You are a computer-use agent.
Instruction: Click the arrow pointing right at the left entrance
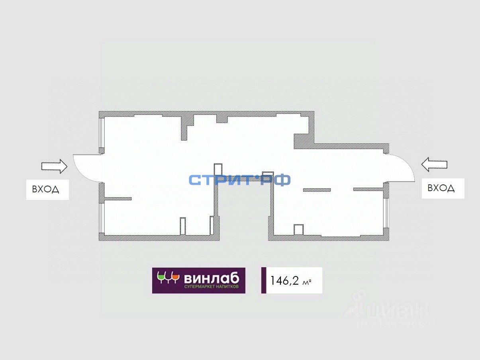(54, 166)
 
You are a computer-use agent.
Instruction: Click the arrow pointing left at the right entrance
(434, 164)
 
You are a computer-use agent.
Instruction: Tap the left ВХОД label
(46, 189)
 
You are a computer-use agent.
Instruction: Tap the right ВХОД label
(441, 188)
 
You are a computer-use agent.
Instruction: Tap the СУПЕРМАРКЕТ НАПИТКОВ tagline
(211, 287)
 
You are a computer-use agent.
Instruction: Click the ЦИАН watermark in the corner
(386, 311)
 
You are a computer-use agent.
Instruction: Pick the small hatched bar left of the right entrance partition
(317, 190)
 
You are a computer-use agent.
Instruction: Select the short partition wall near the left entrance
(118, 199)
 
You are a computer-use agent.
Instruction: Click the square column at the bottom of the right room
(299, 230)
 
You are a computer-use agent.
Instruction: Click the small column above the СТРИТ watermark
(217, 169)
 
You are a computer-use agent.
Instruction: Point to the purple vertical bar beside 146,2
(264, 280)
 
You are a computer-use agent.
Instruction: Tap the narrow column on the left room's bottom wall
(183, 226)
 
